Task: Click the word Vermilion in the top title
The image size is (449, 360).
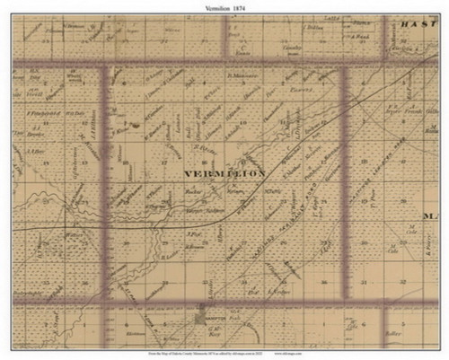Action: [x=209, y=6]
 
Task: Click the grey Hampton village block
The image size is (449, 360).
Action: [x=200, y=318]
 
